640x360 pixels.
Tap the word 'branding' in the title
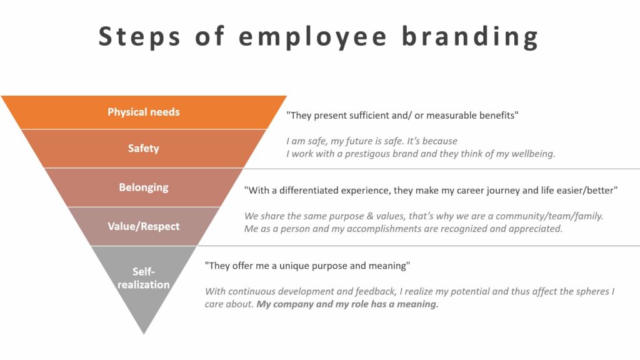click(470, 37)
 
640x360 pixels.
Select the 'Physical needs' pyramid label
click(144, 112)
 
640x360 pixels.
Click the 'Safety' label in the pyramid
click(144, 148)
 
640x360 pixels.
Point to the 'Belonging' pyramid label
click(144, 187)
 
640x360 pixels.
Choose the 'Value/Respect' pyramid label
click(144, 226)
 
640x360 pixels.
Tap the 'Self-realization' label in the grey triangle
click(144, 278)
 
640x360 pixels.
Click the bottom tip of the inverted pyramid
click(144, 334)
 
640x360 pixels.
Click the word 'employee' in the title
click(312, 37)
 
